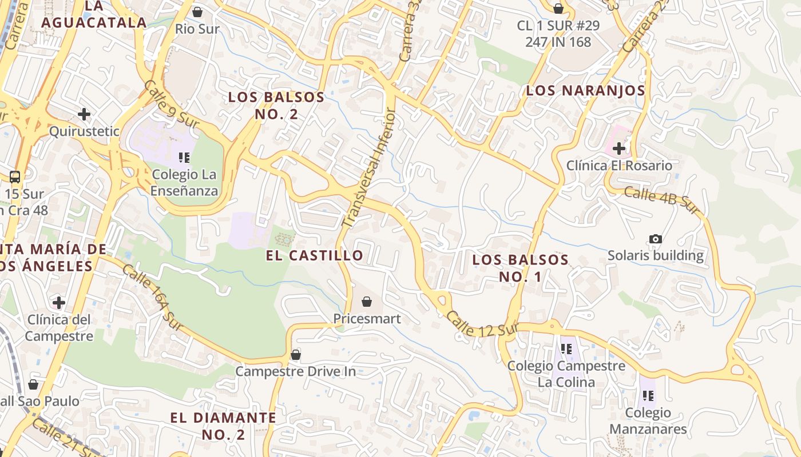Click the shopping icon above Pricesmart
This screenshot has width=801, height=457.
click(x=367, y=301)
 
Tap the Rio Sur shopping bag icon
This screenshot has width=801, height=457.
click(x=197, y=11)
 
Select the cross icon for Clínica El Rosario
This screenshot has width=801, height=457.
click(x=618, y=149)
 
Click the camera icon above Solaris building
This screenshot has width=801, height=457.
click(x=656, y=239)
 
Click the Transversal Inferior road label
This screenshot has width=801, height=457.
click(x=368, y=170)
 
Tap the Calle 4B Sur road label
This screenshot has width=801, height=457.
click(x=662, y=201)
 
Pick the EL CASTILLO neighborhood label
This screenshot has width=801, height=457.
click(x=315, y=255)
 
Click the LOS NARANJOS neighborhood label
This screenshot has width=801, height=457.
click(x=585, y=90)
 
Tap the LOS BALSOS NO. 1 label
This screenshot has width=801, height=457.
click(x=520, y=268)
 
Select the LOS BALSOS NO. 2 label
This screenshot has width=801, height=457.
click(x=276, y=105)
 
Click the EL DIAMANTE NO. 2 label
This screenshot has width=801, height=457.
click(x=223, y=426)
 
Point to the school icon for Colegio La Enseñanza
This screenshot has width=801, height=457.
click(x=184, y=157)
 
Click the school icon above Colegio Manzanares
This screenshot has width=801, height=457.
click(x=648, y=395)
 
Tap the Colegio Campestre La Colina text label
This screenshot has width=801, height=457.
click(x=566, y=374)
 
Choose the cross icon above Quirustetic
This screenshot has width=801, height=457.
click(x=84, y=114)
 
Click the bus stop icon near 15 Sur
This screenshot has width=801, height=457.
click(x=15, y=177)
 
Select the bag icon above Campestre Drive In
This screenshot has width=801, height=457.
click(x=296, y=355)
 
